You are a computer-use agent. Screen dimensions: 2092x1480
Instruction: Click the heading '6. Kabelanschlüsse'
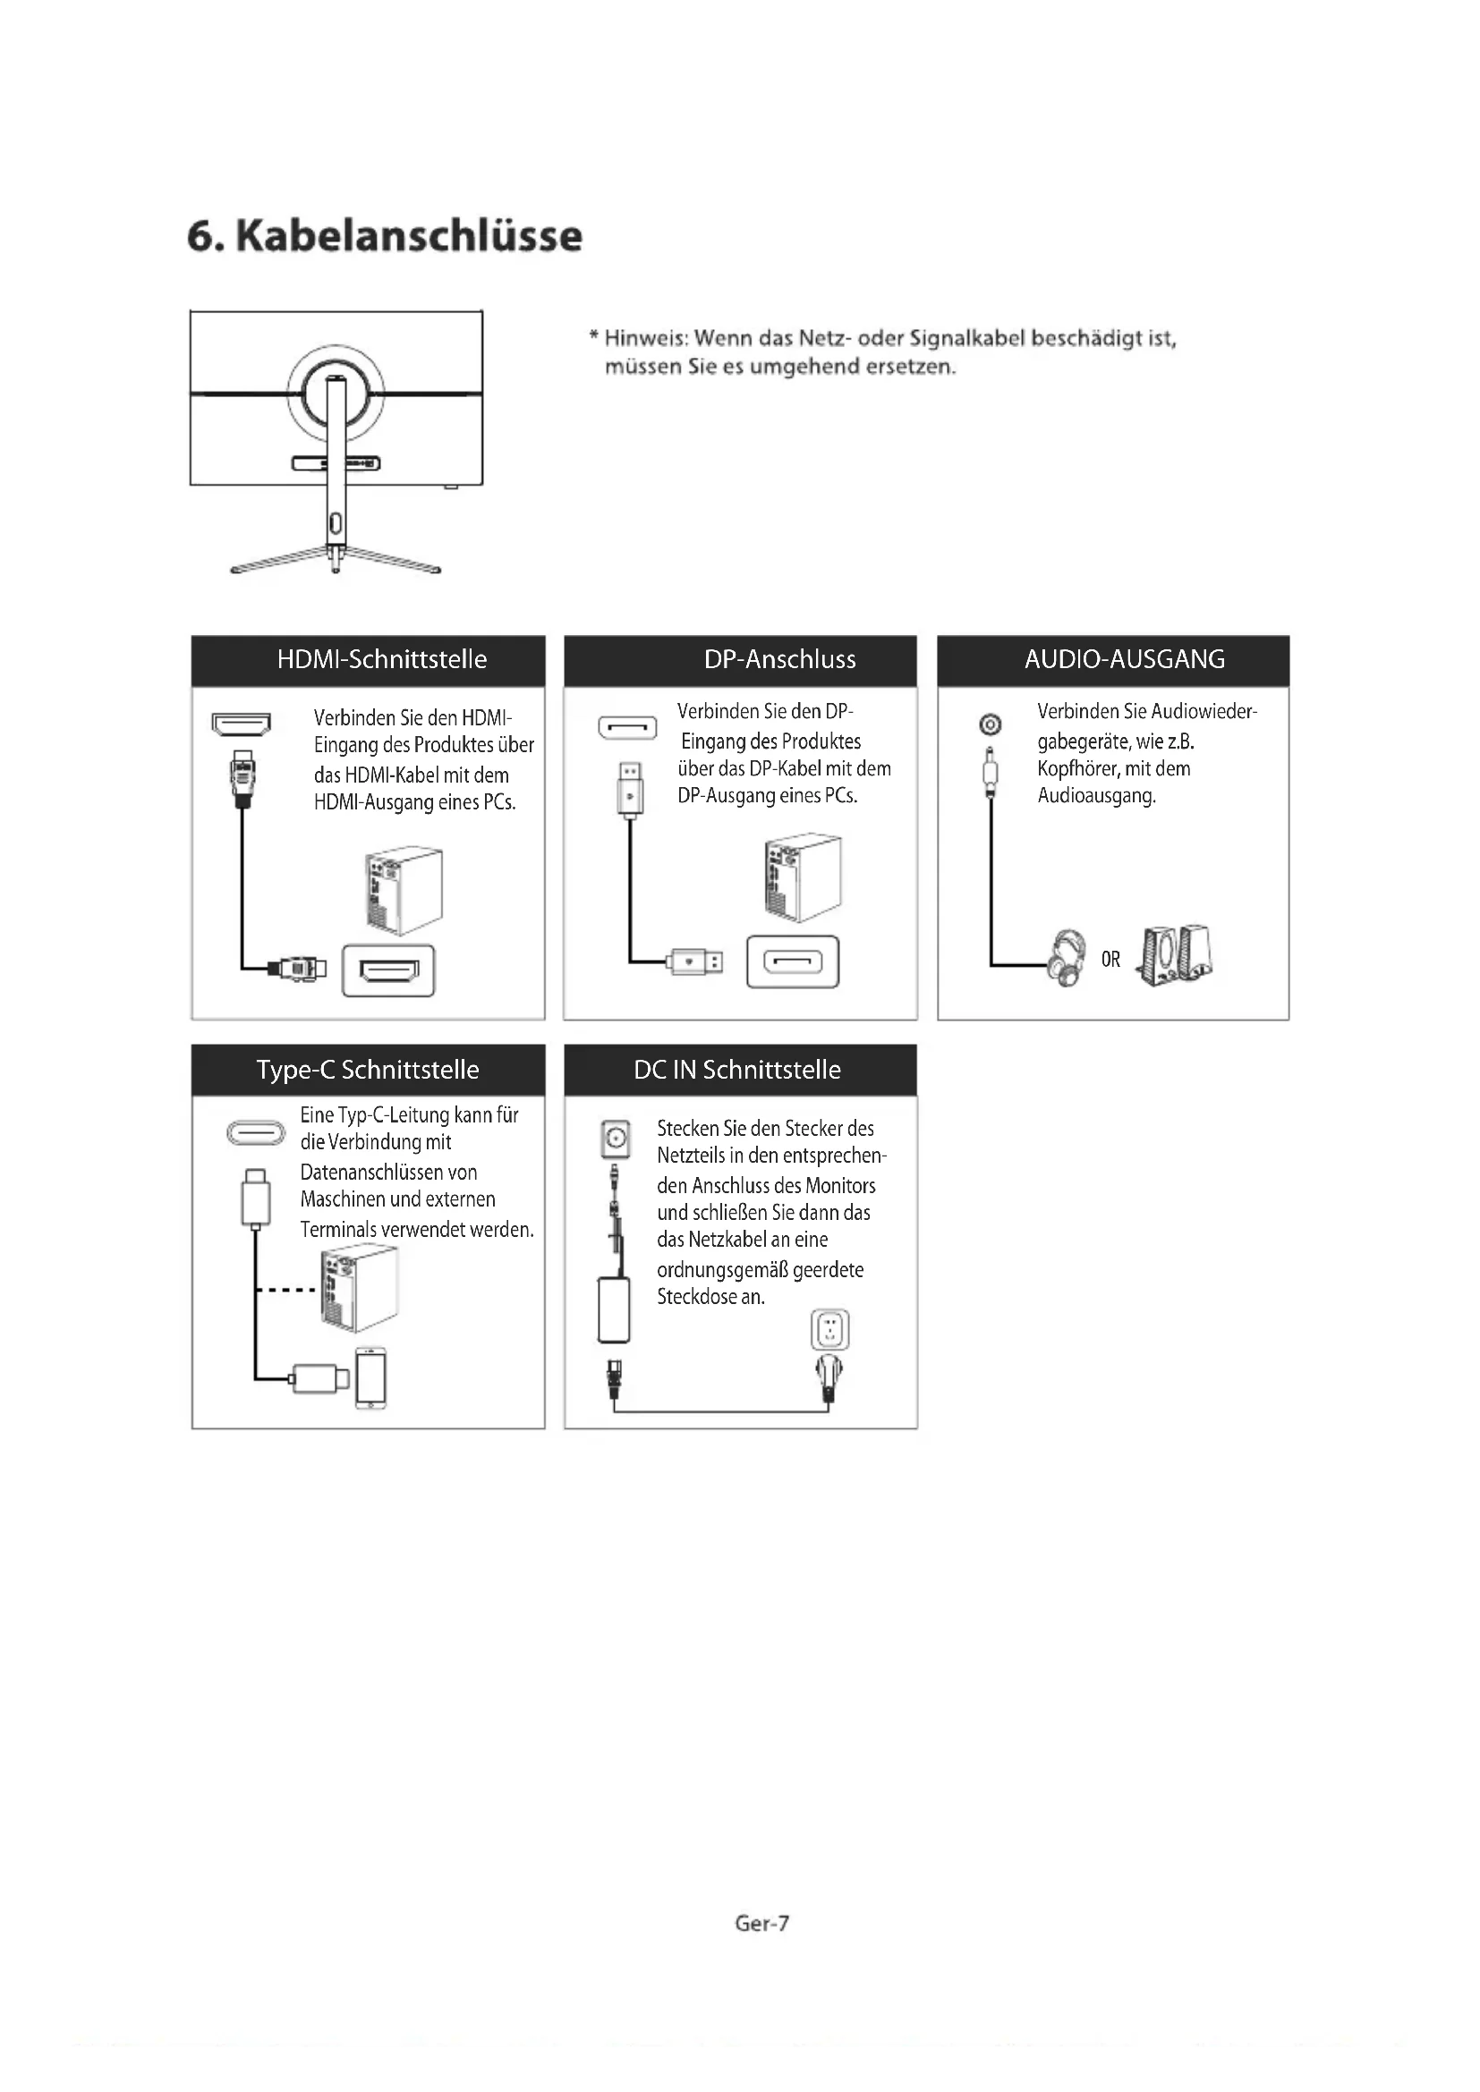pyautogui.click(x=384, y=236)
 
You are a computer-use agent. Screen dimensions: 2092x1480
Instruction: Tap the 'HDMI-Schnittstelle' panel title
pyautogui.click(x=382, y=659)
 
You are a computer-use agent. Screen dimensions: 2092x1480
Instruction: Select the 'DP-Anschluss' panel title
pyautogui.click(x=779, y=659)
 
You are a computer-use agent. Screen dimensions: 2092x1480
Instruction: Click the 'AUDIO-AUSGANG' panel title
pyautogui.click(x=1124, y=659)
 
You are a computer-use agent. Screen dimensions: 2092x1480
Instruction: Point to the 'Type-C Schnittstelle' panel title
pyautogui.click(x=367, y=1069)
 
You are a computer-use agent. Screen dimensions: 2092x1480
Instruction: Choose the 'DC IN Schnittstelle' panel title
pyautogui.click(x=736, y=1069)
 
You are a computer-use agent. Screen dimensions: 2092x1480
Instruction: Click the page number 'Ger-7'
pyautogui.click(x=761, y=1923)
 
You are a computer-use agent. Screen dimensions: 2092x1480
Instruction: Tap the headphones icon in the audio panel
pyautogui.click(x=1067, y=958)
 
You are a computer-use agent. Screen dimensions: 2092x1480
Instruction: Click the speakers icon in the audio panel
pyautogui.click(x=1176, y=955)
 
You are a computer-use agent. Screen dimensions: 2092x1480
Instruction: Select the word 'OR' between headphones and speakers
pyautogui.click(x=1110, y=960)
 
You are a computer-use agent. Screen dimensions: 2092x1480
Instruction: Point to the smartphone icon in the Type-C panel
pyautogui.click(x=371, y=1377)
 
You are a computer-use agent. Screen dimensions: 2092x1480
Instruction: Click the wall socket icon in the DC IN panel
pyautogui.click(x=829, y=1329)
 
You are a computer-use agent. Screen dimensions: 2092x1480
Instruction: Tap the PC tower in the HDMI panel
pyautogui.click(x=404, y=889)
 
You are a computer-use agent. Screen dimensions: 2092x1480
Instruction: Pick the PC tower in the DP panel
pyautogui.click(x=802, y=877)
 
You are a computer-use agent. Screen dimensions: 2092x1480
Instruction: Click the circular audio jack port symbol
pyautogui.click(x=990, y=724)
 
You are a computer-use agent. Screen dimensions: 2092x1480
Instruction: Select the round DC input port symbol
pyautogui.click(x=616, y=1138)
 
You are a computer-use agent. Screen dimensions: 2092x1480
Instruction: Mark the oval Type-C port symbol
pyautogui.click(x=255, y=1132)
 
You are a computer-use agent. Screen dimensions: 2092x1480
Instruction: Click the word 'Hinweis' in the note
pyautogui.click(x=643, y=339)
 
